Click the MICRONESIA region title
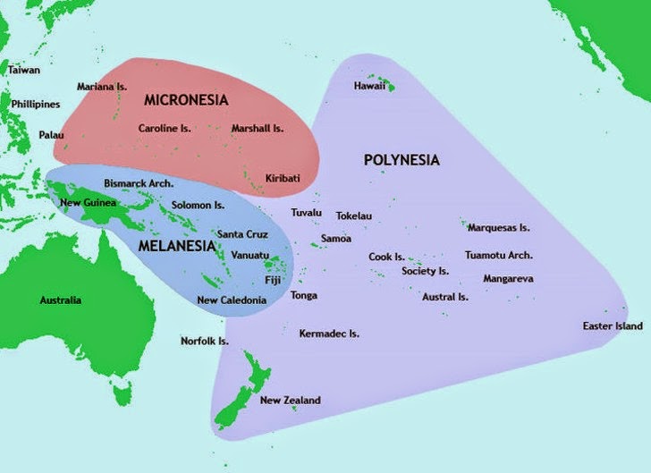pos(186,99)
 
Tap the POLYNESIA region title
pos(402,160)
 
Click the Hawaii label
pos(369,87)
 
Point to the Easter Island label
pos(612,325)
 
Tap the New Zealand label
pos(290,401)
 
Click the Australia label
pos(61,300)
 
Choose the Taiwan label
pos(24,69)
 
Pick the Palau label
pos(51,135)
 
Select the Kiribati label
pos(283,179)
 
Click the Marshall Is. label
pos(257,129)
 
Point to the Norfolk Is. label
pos(205,342)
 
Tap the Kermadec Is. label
pos(329,334)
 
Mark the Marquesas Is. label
pos(499,228)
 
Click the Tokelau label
pos(353,216)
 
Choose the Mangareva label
pos(508,279)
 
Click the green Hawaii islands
pos(390,87)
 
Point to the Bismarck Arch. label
pos(139,183)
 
